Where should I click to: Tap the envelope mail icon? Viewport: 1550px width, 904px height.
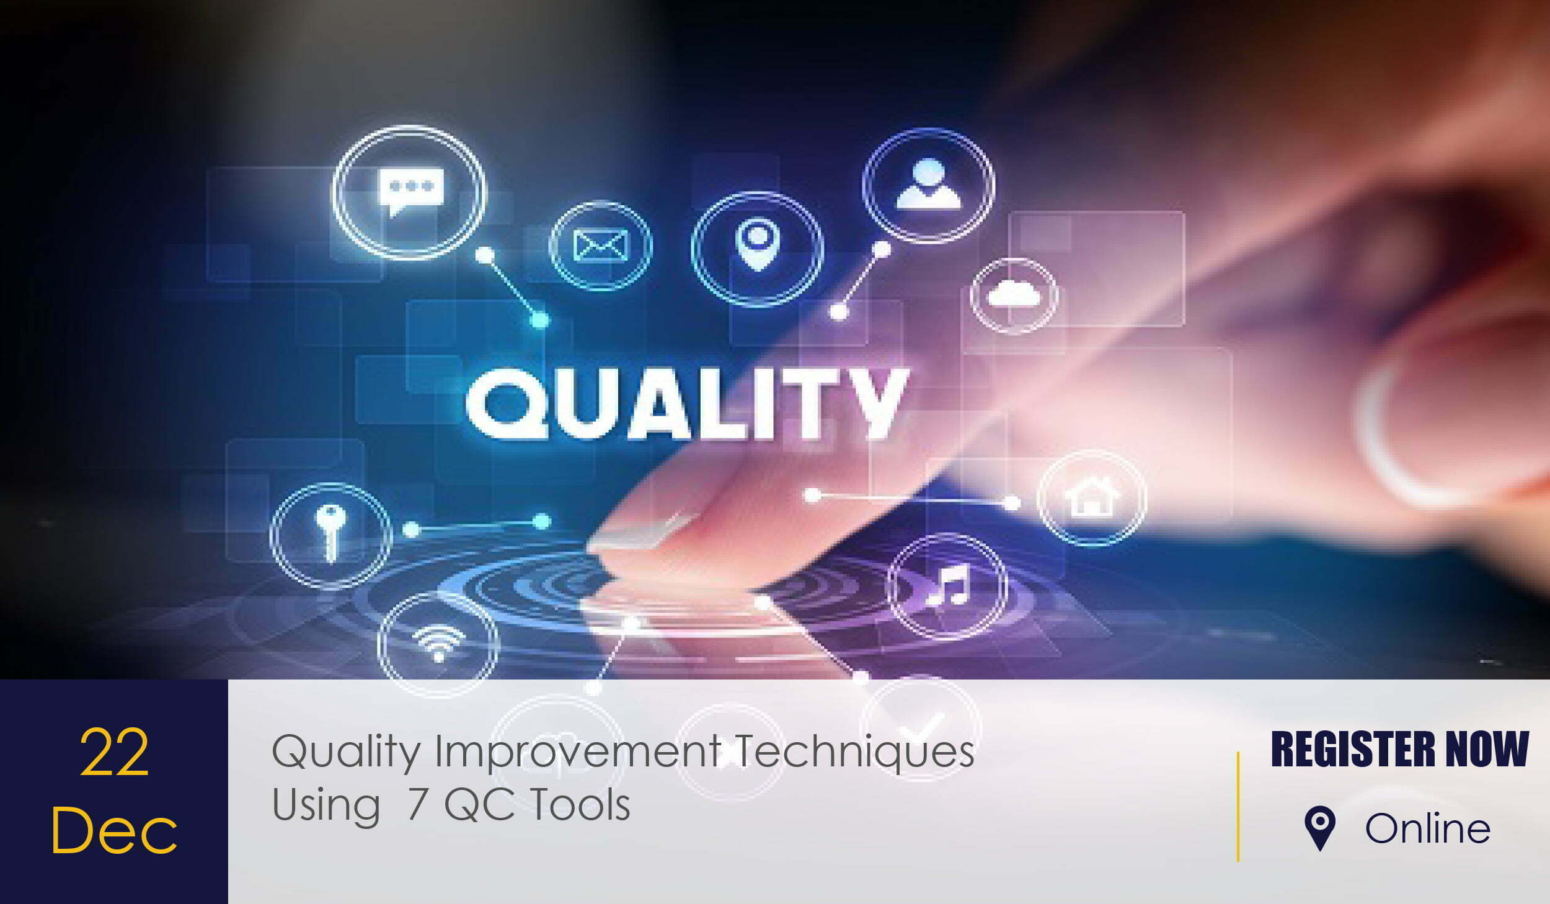pos(600,246)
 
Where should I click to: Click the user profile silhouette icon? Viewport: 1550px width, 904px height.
pos(928,184)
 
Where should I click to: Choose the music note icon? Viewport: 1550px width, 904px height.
pos(947,585)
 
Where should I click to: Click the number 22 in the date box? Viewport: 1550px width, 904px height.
pos(114,753)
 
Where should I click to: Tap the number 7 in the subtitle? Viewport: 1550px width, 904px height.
pos(419,805)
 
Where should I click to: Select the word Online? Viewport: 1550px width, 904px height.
pos(1428,828)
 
